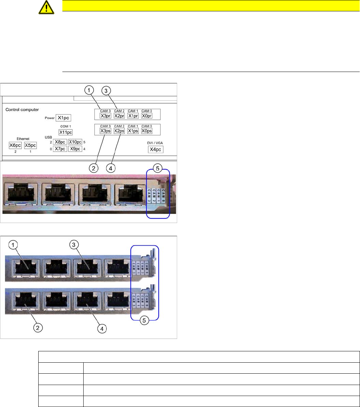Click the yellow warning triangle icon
pos(46,7)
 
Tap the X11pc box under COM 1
pos(65,132)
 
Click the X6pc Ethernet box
pos(16,145)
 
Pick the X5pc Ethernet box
pos(30,145)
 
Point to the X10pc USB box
pos(75,142)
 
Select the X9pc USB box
pos(75,149)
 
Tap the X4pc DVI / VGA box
pos(156,150)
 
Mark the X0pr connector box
pos(146,116)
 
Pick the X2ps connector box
pos(119,131)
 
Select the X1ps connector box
pos(133,131)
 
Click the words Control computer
pos(22,110)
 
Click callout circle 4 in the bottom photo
pos(102,329)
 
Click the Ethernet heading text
pos(23,139)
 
